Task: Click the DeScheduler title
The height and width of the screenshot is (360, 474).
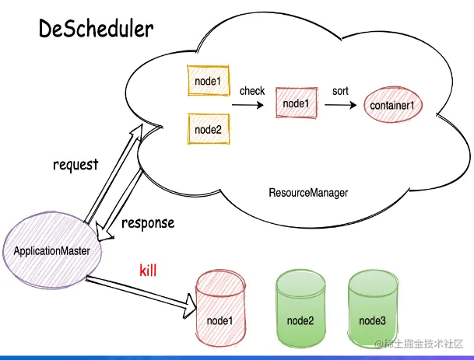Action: pos(97,29)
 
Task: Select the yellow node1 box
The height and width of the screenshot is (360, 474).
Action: pos(209,81)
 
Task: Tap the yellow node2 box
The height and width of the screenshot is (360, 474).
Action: pos(209,129)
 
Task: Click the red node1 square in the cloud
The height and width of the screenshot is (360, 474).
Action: pos(297,103)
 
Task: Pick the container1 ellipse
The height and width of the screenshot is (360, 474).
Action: pos(392,105)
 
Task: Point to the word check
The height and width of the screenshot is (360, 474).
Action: pos(252,91)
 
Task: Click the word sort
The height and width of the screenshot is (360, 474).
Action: pos(340,91)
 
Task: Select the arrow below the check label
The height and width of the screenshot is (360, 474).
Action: pos(248,105)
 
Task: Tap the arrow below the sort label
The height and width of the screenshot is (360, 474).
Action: pos(341,105)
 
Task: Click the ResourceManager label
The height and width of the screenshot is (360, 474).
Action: pos(308,193)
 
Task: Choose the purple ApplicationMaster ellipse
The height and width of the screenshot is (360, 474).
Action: pos(52,250)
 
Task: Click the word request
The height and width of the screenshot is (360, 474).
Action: pos(75,165)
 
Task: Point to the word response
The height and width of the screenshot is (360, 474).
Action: pos(148,223)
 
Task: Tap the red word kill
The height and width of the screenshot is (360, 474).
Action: pos(148,270)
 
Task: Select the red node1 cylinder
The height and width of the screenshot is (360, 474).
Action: pos(220,309)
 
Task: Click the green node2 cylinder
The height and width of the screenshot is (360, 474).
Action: pos(300,309)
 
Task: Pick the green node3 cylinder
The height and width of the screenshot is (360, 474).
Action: pos(372,309)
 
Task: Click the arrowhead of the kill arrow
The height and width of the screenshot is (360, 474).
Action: pos(190,306)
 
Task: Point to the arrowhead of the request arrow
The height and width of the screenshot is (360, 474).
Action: pos(137,132)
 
